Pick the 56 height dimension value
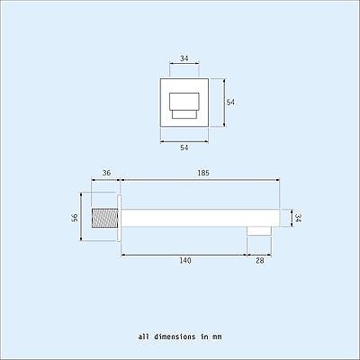point(75,216)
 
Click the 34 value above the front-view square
point(184,59)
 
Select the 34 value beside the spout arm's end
point(298,216)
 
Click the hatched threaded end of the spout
point(105,217)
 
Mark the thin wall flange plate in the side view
point(119,217)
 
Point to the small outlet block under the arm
point(260,230)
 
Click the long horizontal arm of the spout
point(198,217)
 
